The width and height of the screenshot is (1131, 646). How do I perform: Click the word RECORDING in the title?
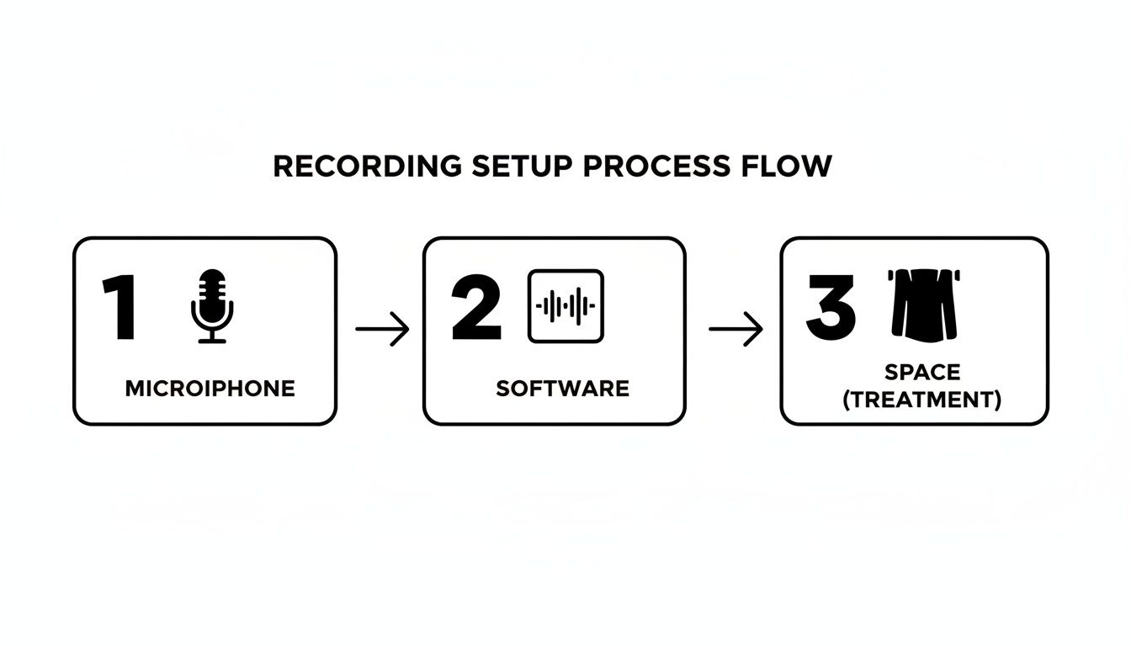(367, 167)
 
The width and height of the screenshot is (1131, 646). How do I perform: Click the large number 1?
(119, 307)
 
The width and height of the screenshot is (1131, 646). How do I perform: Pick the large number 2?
(476, 307)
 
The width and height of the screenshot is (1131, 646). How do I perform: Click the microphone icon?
(212, 306)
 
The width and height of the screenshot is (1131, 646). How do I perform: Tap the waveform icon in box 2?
(565, 306)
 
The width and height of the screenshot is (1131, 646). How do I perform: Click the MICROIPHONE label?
(210, 389)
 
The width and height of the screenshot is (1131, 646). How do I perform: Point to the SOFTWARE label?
(562, 389)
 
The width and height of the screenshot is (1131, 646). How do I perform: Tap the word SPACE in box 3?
(922, 372)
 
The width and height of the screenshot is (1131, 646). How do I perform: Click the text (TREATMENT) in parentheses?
(922, 400)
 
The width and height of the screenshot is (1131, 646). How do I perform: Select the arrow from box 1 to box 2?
(382, 328)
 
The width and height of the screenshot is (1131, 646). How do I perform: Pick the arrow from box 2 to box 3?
(735, 328)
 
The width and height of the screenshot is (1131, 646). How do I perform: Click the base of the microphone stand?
(212, 340)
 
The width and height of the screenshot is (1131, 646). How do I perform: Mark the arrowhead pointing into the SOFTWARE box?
(402, 328)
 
